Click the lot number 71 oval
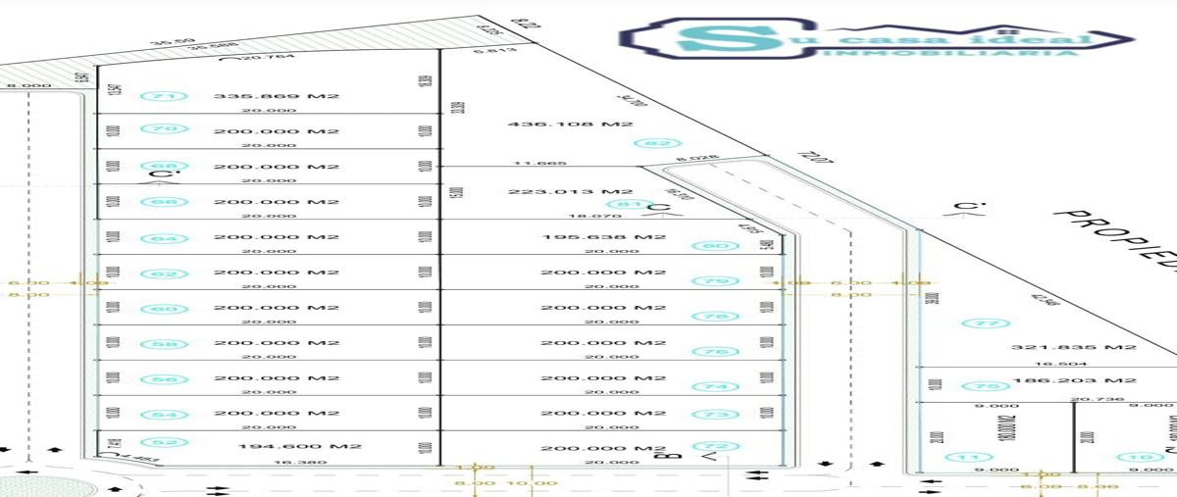click(x=165, y=96)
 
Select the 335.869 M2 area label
click(x=276, y=96)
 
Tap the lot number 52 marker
click(x=165, y=443)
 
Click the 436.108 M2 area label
click(x=570, y=124)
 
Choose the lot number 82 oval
click(x=656, y=143)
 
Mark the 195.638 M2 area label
click(x=603, y=237)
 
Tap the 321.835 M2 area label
click(x=1073, y=347)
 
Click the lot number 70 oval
click(x=165, y=129)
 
